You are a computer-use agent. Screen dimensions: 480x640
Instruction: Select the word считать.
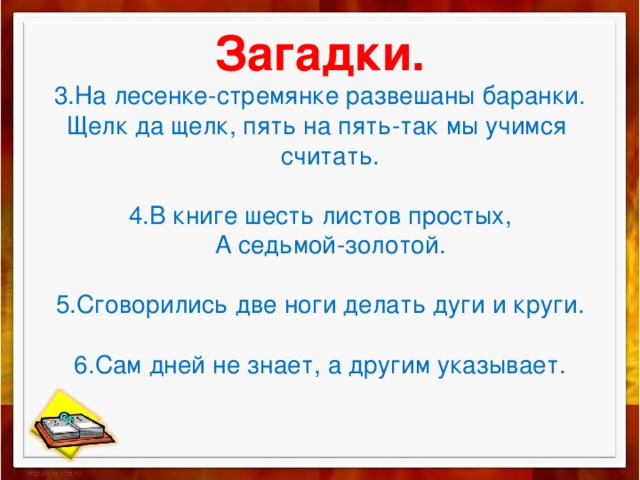point(328,157)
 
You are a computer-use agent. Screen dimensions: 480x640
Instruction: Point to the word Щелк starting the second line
point(92,128)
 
